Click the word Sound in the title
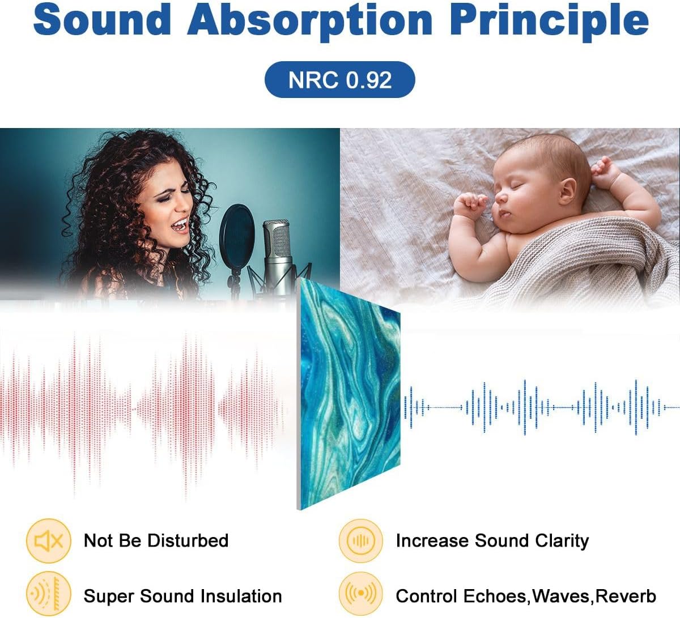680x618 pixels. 102,19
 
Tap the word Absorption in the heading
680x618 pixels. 310,22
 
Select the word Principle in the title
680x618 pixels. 549,22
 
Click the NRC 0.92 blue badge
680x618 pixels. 339,80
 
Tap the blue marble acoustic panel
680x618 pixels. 348,393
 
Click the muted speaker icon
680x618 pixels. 49,540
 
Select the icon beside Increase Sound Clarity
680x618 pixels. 360,540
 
